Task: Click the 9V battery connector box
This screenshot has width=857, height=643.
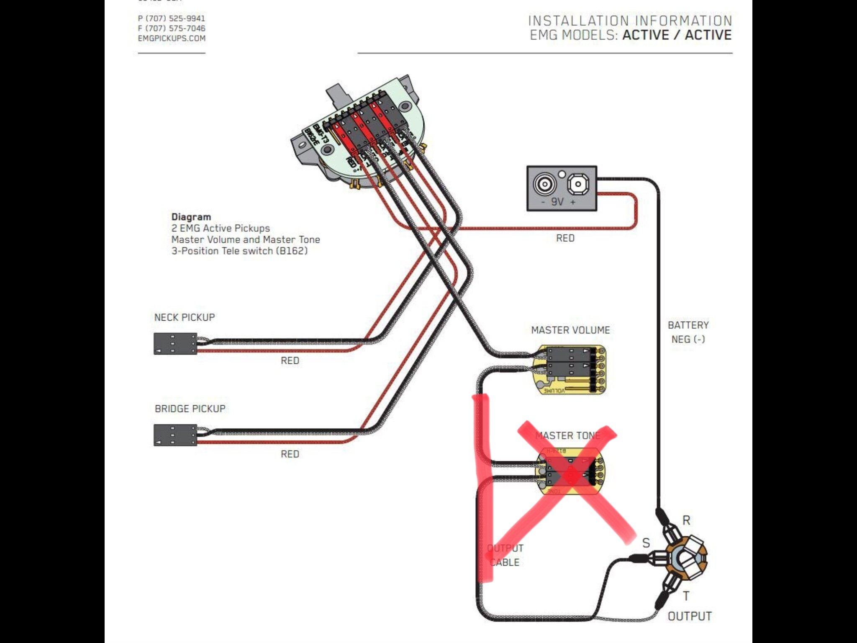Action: (562, 188)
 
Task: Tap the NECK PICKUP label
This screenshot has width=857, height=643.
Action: (185, 317)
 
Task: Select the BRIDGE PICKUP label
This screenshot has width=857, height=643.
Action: (190, 409)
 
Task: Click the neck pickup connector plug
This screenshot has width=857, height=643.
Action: (175, 344)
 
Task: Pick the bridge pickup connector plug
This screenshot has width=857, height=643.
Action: (175, 435)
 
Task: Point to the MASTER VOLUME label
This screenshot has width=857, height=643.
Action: (570, 330)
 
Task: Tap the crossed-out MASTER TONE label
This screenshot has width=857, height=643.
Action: (568, 436)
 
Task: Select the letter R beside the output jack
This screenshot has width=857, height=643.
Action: (686, 520)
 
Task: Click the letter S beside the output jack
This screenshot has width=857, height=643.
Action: (646, 543)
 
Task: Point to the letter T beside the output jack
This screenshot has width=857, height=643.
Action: (686, 596)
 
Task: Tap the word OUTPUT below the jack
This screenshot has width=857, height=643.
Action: (690, 616)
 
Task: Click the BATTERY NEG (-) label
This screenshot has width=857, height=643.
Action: (688, 332)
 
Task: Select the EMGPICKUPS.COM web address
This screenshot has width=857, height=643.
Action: (172, 39)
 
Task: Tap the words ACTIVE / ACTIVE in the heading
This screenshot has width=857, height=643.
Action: (677, 35)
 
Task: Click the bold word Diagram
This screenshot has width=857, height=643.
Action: (191, 217)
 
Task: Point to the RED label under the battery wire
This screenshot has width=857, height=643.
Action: (565, 238)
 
